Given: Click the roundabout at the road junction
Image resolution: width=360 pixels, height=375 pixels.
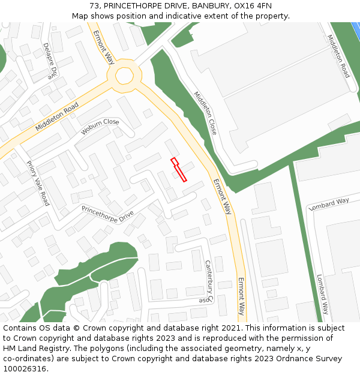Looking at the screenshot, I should click(124, 76).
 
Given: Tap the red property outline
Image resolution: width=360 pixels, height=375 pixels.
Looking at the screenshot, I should click(178, 169).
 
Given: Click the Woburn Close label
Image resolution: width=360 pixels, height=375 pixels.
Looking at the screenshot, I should click(100, 127).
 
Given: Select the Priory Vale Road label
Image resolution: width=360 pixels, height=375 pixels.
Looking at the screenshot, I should click(37, 183).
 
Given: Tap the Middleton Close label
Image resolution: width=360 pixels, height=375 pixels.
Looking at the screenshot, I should click(205, 112).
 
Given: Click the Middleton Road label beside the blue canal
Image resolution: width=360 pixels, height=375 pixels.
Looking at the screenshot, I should click(338, 56).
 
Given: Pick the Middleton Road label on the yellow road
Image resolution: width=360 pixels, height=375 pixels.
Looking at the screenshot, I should click(57, 117).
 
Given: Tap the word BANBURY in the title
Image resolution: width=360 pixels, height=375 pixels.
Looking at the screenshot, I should click(211, 5).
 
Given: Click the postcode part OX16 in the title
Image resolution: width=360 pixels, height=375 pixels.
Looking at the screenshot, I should click(246, 5).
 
